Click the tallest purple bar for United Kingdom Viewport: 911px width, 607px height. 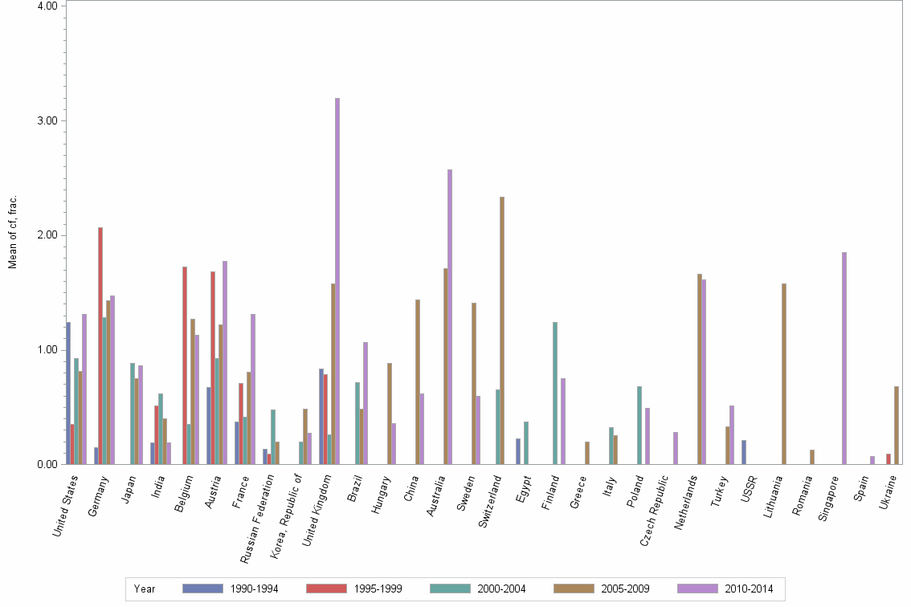[x=337, y=281]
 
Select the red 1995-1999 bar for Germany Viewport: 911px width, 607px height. [x=100, y=345]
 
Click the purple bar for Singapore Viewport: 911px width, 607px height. [x=844, y=358]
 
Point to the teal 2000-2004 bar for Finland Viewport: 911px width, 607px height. [x=555, y=393]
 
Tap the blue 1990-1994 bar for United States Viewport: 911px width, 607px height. [x=68, y=393]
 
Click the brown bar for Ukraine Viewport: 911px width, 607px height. [x=897, y=426]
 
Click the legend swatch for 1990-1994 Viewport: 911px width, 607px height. [x=202, y=589]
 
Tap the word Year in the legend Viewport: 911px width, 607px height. [x=145, y=589]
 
